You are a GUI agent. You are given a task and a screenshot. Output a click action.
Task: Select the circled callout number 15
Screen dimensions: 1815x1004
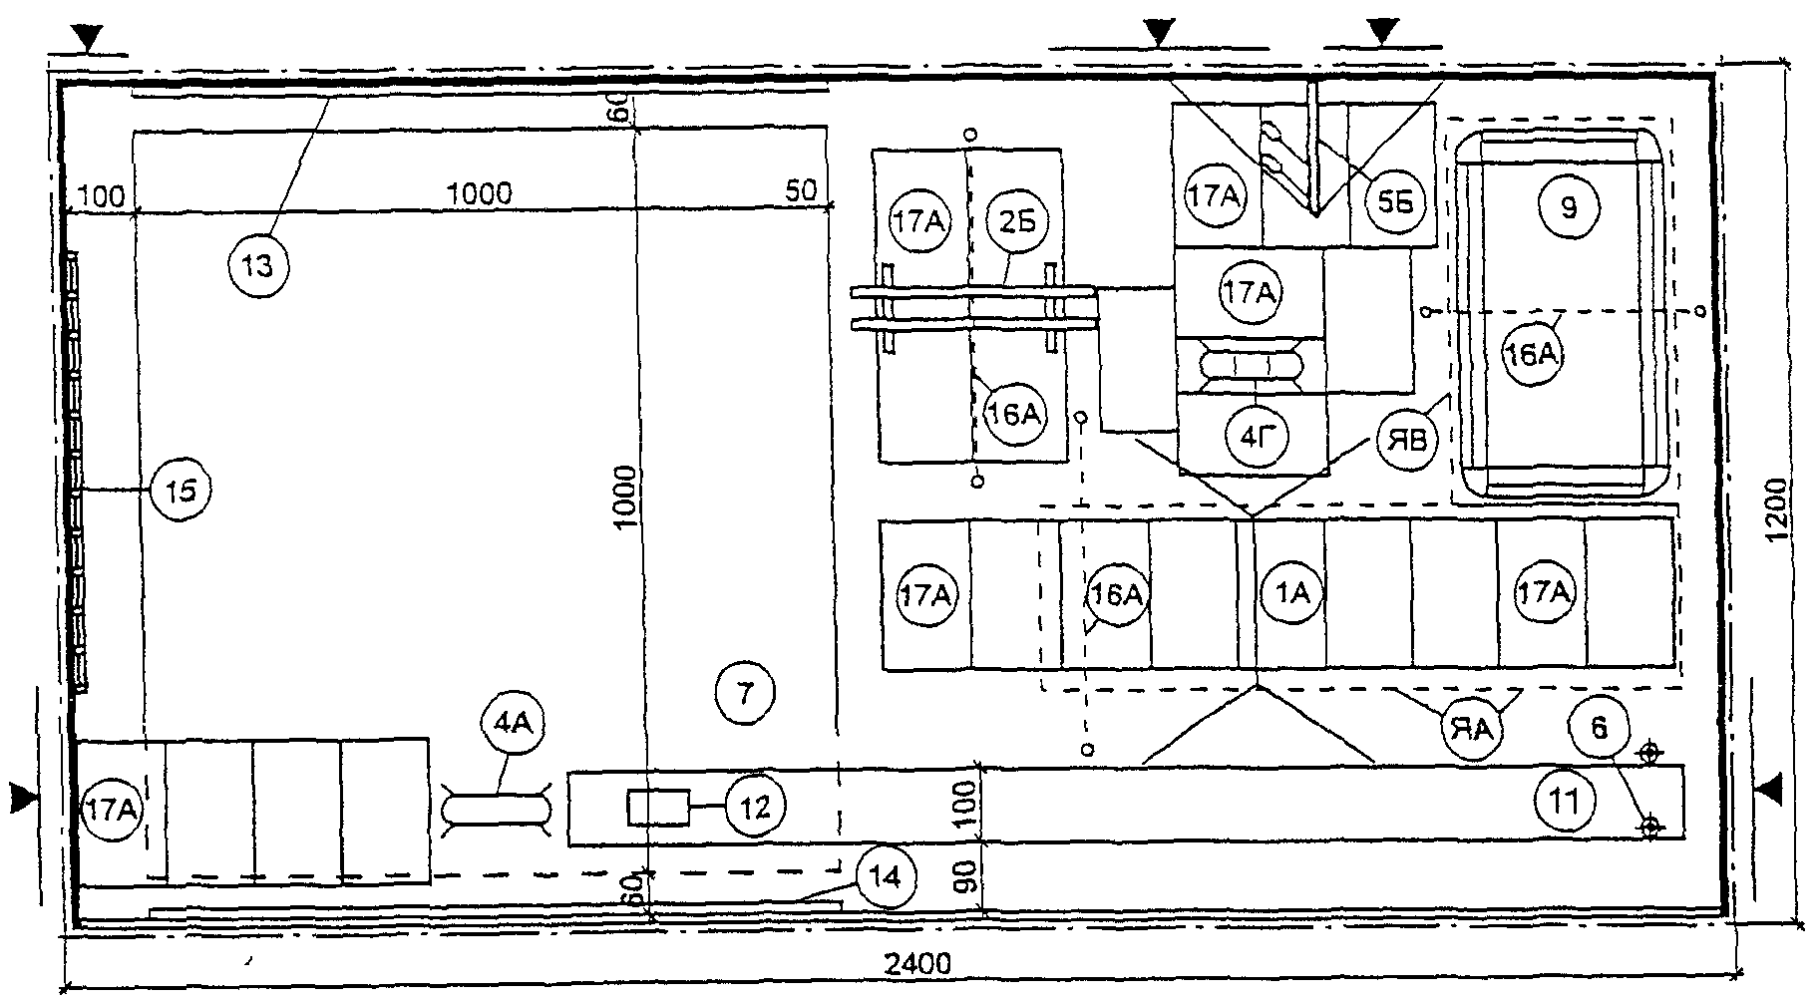coord(181,491)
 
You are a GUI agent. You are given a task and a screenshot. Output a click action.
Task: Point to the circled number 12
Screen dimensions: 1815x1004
coord(756,807)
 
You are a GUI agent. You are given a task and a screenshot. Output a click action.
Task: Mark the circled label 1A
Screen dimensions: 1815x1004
coord(1292,594)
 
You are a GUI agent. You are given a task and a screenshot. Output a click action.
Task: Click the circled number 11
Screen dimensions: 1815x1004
coord(1566,800)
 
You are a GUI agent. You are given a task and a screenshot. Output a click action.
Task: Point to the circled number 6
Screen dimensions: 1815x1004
coord(1599,729)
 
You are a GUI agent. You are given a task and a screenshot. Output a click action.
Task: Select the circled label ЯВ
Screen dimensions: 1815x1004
coord(1406,440)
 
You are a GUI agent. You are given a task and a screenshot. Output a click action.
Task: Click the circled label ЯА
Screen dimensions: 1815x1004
coord(1472,729)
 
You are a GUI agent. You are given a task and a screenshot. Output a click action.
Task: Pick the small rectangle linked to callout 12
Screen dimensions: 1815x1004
coord(658,807)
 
